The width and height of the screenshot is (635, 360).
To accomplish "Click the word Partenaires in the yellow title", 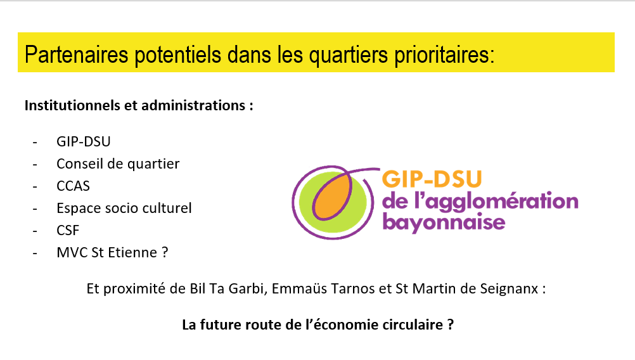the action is click(76, 55).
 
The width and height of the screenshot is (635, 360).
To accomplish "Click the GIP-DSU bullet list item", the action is click(84, 141).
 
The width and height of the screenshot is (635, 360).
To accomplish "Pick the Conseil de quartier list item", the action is click(118, 164).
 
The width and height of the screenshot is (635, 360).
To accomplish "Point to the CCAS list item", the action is click(74, 186).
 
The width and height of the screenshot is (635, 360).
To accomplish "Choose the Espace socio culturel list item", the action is click(124, 208).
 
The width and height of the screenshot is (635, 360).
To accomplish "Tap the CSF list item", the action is click(68, 231).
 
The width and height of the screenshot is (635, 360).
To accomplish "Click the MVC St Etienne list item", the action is click(112, 253).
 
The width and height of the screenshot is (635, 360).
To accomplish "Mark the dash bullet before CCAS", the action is click(35, 187).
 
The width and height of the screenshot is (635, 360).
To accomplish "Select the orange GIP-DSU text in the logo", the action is click(432, 179).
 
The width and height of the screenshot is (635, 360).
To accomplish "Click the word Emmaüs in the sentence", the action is click(299, 289).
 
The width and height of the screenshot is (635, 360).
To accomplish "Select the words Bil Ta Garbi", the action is click(227, 289).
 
